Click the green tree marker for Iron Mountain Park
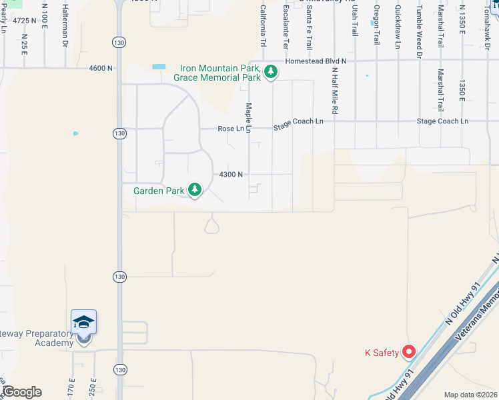270,72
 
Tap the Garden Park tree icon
195,191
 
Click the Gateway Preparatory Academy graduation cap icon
84,323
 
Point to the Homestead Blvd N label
316,61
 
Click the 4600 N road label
101,68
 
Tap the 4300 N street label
231,175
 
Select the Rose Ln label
231,129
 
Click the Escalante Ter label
286,27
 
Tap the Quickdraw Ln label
398,26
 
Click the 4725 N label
24,21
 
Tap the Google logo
21,392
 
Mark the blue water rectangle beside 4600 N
159,67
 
